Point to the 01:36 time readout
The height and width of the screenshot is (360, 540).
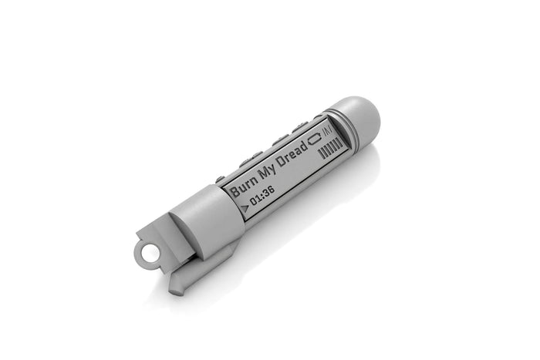point(262,197)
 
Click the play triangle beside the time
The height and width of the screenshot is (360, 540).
point(245,208)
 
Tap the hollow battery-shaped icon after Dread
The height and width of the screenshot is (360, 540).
point(315,140)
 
